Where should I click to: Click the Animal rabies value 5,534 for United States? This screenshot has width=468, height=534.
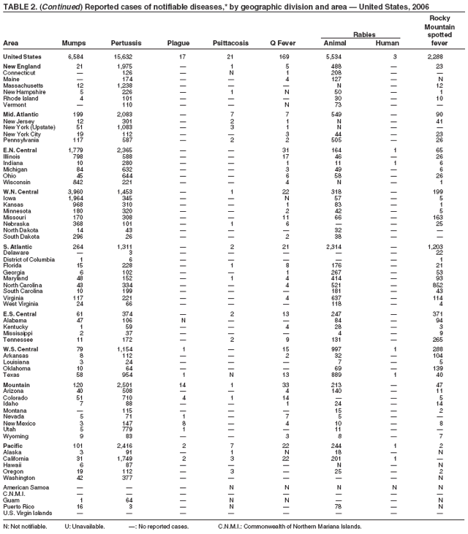pos(333,56)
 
